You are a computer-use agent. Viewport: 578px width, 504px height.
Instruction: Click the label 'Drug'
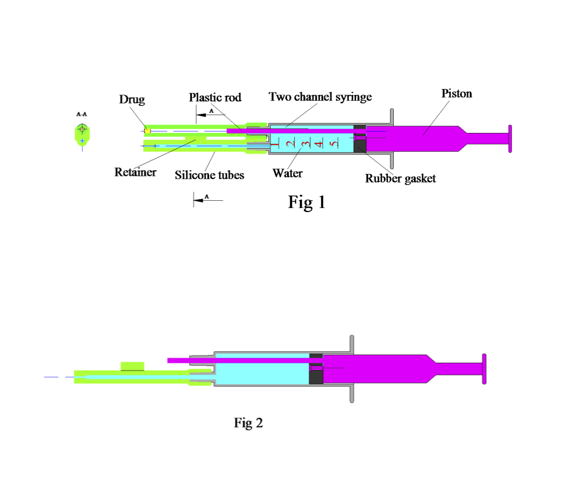tap(132, 100)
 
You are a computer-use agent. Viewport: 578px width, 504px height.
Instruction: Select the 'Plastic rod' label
tap(215, 97)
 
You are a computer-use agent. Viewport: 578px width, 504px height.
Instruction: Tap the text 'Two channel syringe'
tap(320, 97)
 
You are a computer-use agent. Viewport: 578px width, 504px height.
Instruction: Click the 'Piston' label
tap(457, 93)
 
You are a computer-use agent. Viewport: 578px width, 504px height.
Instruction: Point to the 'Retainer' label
tap(135, 172)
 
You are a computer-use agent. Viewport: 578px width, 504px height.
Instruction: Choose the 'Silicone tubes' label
tap(209, 175)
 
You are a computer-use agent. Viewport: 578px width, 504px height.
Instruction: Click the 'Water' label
tap(287, 173)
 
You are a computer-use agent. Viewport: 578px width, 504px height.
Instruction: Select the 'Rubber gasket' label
tap(400, 178)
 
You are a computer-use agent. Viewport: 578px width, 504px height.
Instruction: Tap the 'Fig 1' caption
tap(307, 202)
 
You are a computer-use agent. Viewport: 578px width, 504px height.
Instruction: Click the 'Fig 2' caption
tap(248, 423)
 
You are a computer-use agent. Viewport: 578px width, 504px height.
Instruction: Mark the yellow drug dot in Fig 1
tap(147, 131)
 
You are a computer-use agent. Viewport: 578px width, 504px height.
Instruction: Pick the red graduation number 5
tap(333, 144)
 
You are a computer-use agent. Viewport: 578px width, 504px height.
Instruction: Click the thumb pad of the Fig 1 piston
tap(509, 138)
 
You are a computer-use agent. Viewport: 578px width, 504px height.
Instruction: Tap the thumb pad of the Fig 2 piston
tap(484, 368)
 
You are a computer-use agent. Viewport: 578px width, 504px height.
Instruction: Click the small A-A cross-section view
tap(82, 133)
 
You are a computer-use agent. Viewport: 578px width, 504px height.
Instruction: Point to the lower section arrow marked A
tap(206, 197)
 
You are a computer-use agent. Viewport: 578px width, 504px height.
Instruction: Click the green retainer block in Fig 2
tap(132, 366)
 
